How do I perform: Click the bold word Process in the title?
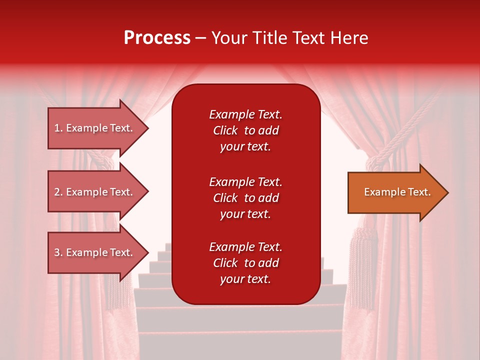coord(157,38)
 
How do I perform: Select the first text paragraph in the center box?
coord(245,130)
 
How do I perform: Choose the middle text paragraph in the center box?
coord(245,198)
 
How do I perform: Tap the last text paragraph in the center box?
coord(245,263)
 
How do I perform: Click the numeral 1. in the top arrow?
coord(58,128)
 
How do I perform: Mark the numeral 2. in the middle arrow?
coord(58,192)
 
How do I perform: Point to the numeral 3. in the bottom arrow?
coord(58,252)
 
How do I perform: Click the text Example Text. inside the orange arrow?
coord(397,192)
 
